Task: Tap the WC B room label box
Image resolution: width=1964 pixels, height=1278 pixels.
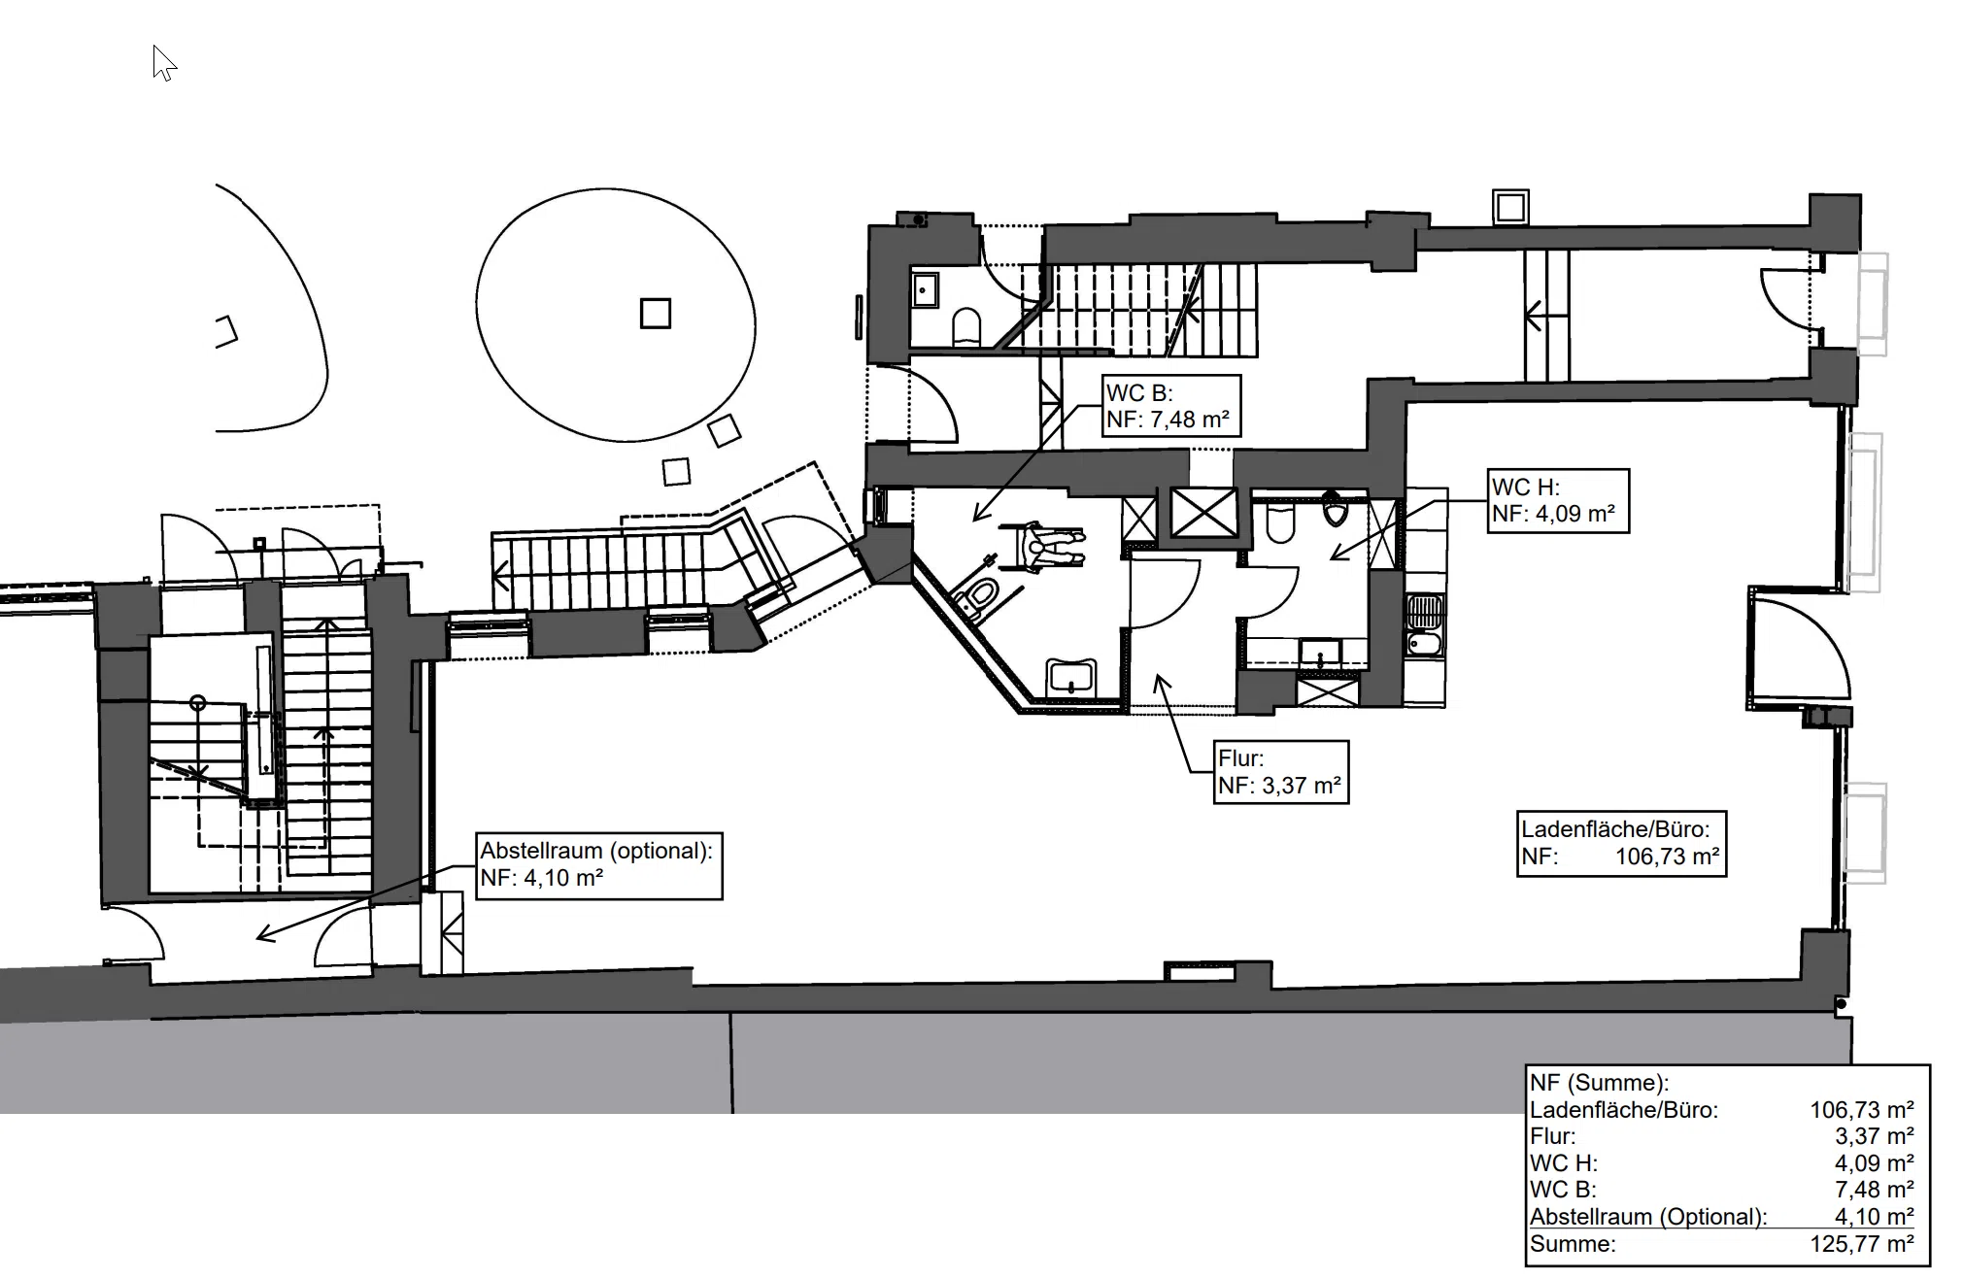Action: coord(1171,406)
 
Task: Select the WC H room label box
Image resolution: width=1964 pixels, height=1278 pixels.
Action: coord(1558,500)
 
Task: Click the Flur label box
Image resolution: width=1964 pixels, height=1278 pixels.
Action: coord(1281,772)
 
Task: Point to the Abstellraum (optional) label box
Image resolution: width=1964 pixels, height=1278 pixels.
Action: coord(598,864)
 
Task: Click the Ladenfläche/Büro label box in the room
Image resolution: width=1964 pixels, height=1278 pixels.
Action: coord(1621,843)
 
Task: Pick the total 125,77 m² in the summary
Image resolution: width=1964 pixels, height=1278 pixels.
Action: coord(1861,1244)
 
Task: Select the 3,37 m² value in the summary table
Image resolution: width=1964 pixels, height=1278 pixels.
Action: coord(1874,1136)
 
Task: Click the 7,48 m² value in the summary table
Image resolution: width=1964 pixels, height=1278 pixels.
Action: coord(1874,1190)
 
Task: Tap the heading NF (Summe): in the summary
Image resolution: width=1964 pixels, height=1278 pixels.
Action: coord(1599,1083)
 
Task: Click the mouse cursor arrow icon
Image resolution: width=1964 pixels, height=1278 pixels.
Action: coord(164,63)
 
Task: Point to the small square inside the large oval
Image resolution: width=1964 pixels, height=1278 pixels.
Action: coord(656,313)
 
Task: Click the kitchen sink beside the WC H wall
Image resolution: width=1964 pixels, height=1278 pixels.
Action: coord(1425,613)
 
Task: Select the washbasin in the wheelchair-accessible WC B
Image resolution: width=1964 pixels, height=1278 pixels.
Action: coord(1070,676)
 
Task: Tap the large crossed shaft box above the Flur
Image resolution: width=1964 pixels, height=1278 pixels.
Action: coord(1203,513)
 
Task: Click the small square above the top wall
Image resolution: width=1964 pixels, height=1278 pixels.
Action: coord(1511,207)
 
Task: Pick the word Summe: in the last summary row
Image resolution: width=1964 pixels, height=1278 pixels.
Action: coord(1573,1244)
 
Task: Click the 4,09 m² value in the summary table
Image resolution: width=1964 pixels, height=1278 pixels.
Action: coord(1874,1163)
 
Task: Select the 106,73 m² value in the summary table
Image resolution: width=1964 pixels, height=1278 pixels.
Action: coord(1861,1110)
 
